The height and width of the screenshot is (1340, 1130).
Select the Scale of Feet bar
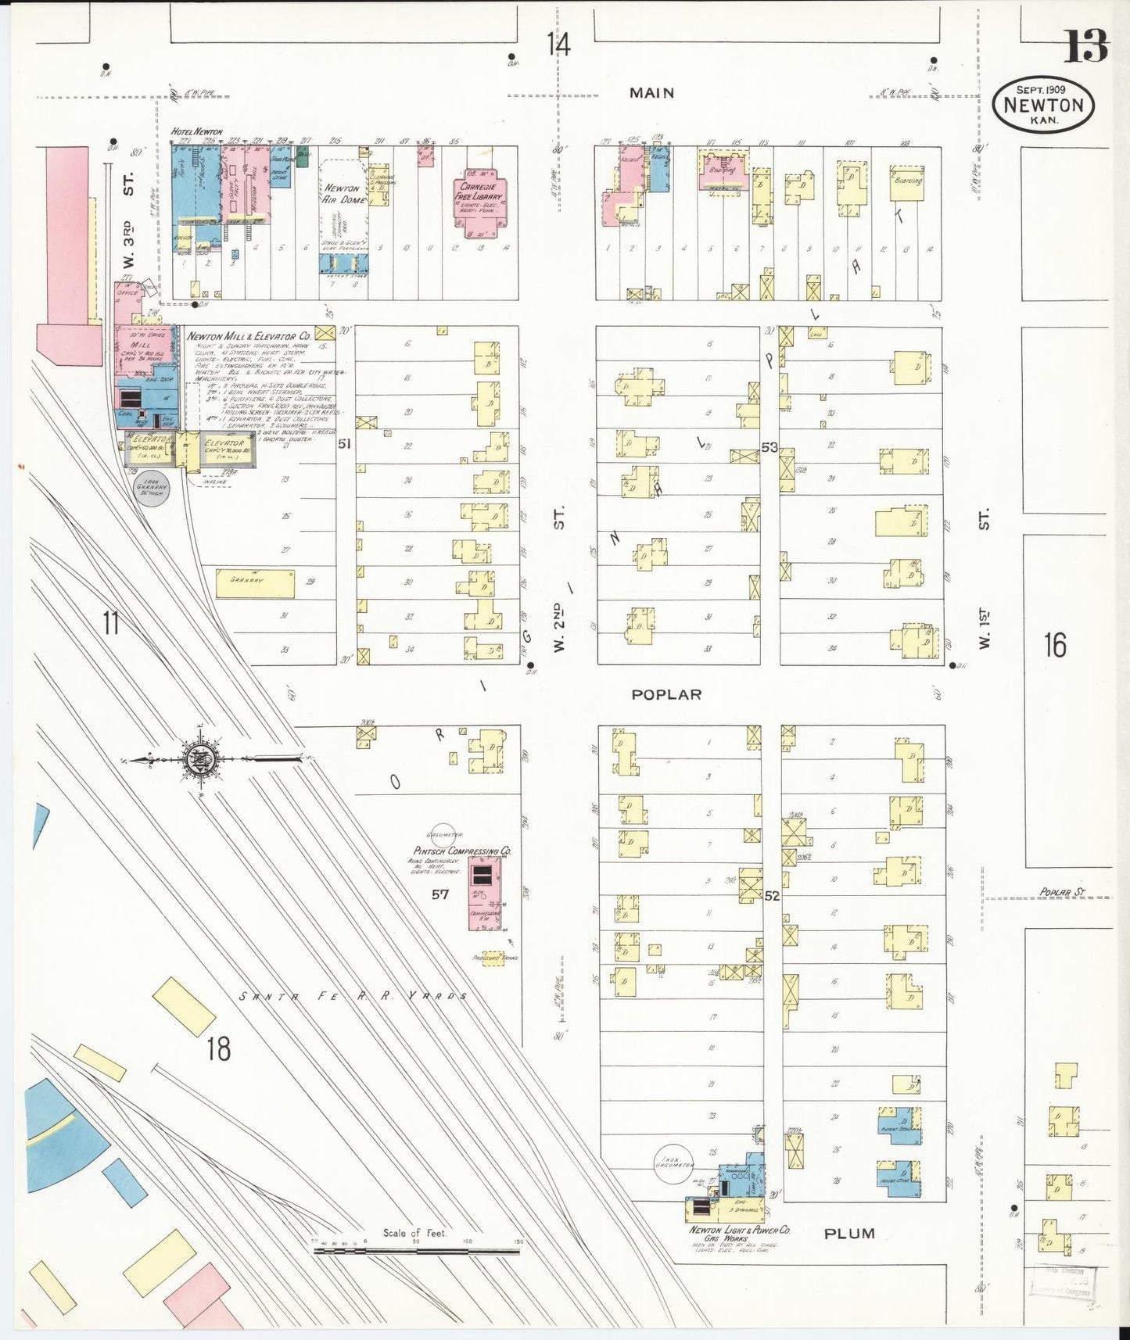tap(416, 1251)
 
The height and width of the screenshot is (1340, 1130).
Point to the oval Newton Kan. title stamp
tap(1042, 106)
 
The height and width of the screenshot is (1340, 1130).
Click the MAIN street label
tap(651, 93)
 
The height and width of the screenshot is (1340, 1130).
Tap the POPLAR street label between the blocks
tap(666, 694)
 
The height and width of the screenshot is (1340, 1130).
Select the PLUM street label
tap(849, 1233)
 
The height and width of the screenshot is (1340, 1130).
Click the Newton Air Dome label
tap(343, 193)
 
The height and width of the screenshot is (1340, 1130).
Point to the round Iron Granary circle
tap(152, 487)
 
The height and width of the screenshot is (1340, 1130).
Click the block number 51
tap(344, 444)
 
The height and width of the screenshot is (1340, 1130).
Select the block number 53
tap(769, 447)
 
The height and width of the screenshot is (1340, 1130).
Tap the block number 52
tap(772, 896)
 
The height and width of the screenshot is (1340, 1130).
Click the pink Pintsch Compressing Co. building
tap(485, 893)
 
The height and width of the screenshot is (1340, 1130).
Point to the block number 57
tap(440, 894)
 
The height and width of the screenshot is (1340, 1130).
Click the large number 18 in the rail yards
tap(218, 1048)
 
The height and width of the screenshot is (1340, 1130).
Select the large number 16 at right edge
tap(1055, 645)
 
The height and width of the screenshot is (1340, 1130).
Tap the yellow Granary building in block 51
tap(255, 583)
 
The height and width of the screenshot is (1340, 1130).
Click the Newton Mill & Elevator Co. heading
tap(249, 336)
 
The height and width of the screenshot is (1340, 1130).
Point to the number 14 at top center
tap(558, 44)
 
